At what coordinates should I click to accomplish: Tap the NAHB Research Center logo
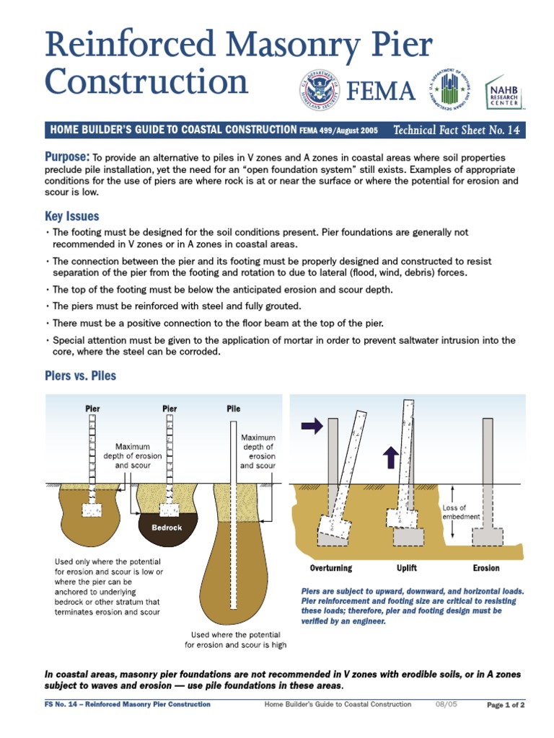(505, 92)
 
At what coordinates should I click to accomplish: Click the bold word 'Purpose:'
(68, 157)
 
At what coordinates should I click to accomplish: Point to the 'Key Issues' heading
(72, 216)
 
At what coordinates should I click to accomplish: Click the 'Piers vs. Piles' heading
(80, 375)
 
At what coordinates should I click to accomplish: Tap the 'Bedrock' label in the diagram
(167, 528)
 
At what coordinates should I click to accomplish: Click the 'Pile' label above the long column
(233, 409)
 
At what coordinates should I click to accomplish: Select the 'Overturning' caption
(331, 568)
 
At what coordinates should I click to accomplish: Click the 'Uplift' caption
(407, 568)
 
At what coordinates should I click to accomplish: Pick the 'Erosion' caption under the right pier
(486, 568)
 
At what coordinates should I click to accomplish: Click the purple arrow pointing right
(312, 427)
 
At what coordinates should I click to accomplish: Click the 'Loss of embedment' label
(454, 512)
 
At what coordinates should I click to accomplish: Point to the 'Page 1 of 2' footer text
(506, 705)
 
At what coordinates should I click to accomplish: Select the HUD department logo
(448, 90)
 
